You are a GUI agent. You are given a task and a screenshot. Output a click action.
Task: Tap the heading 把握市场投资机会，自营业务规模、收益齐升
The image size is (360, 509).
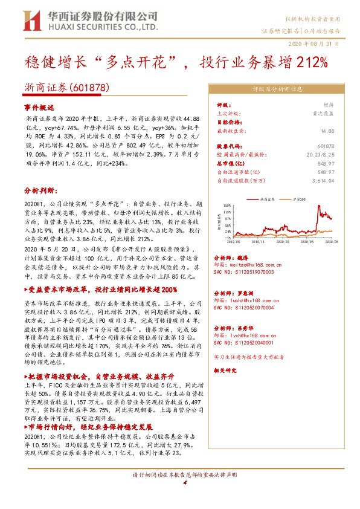(x=98, y=375)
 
